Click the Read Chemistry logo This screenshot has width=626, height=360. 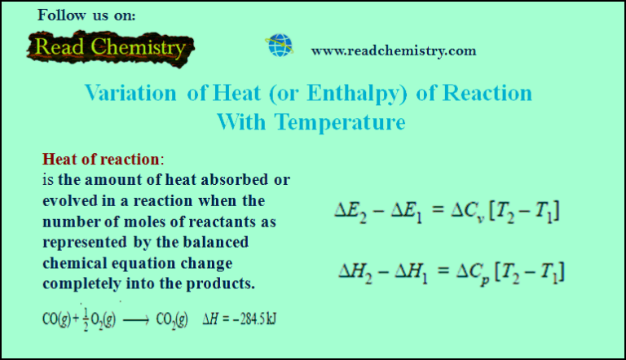[108, 48]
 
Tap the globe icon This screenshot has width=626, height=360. [276, 46]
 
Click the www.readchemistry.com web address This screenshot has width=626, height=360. [394, 50]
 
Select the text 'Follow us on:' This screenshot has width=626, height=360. [87, 15]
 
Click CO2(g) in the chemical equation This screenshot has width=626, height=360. [174, 318]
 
